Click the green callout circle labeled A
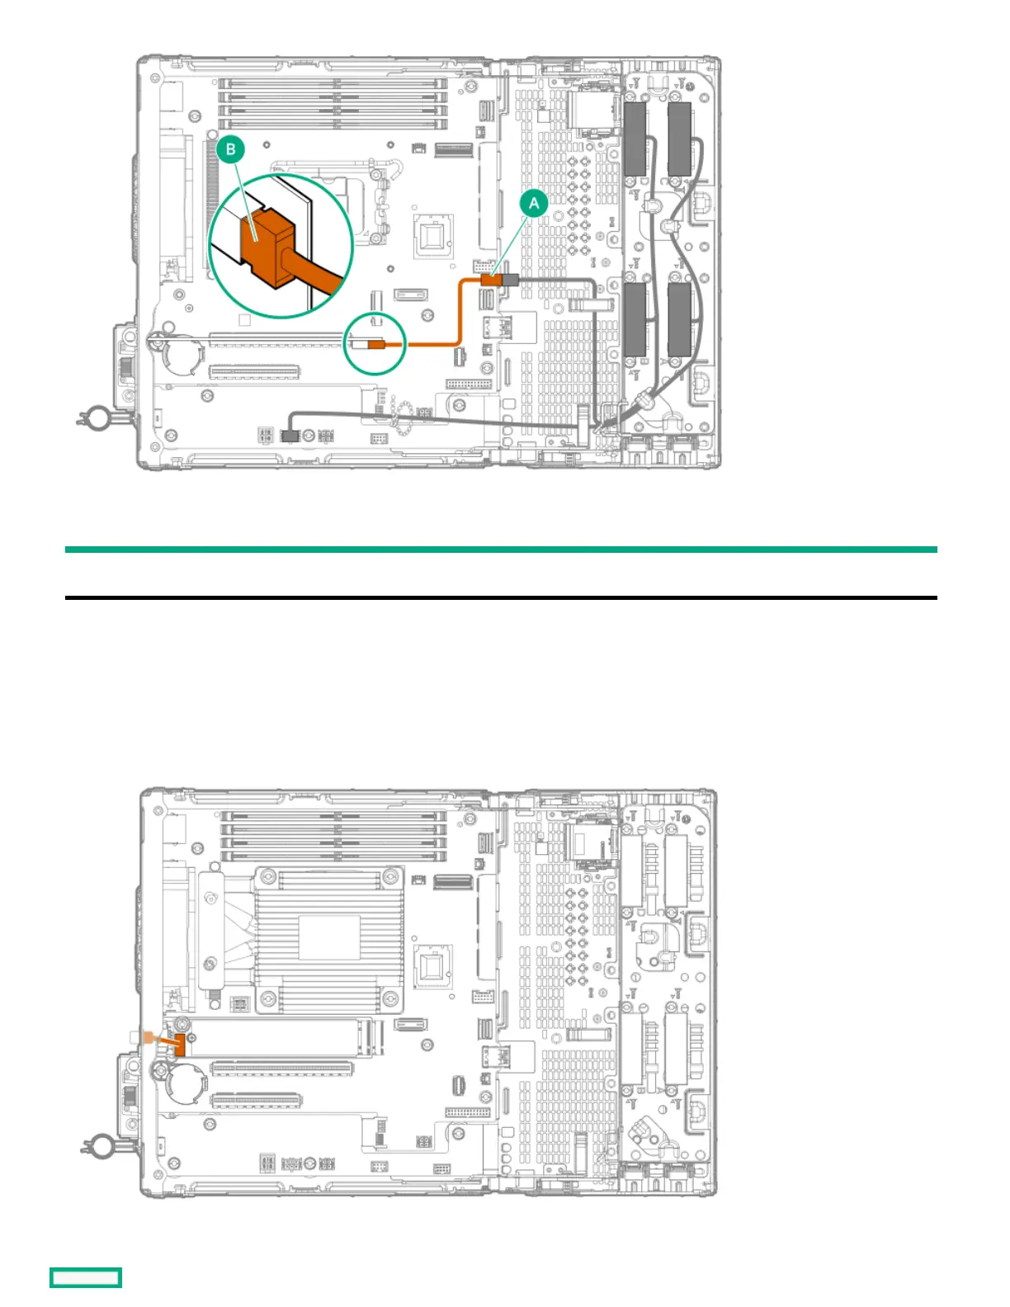(x=534, y=203)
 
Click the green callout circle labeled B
(x=231, y=149)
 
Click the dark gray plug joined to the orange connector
(x=509, y=281)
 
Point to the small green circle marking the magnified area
(x=375, y=344)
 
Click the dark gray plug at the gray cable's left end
(x=289, y=434)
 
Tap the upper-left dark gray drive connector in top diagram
(x=635, y=138)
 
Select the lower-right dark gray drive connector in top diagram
(x=679, y=319)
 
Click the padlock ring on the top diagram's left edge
(x=95, y=418)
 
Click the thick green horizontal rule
(x=501, y=550)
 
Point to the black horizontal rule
(x=501, y=597)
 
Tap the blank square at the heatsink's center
(x=329, y=937)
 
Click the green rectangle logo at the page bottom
(x=86, y=1277)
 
